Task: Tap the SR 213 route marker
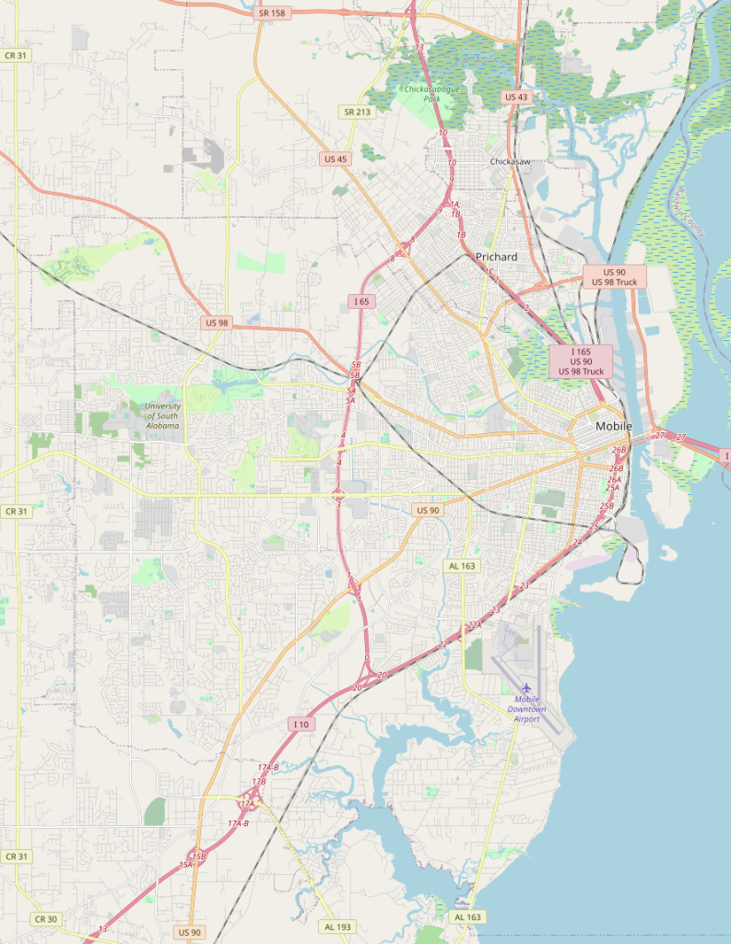point(357,112)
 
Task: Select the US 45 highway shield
point(336,159)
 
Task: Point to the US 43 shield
point(516,97)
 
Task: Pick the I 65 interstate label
point(361,301)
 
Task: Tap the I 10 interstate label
point(301,725)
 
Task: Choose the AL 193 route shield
point(337,926)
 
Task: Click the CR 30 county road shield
point(45,919)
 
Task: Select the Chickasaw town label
point(510,162)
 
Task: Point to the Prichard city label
point(496,256)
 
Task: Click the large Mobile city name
point(614,426)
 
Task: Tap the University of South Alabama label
point(163,421)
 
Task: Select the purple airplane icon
point(526,689)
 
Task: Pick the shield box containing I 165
point(581,360)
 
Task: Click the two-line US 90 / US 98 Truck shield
point(614,277)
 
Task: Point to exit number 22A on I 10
point(475,625)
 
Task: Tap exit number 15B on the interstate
point(198,856)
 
